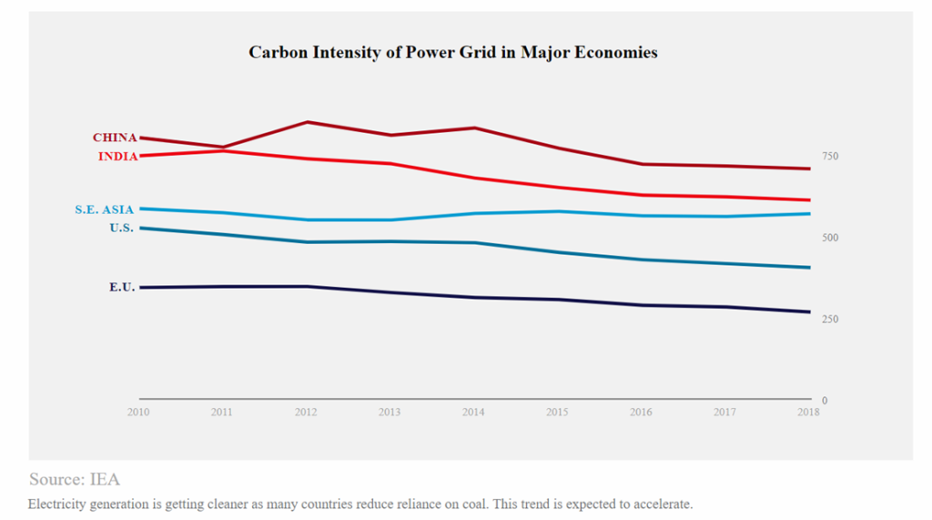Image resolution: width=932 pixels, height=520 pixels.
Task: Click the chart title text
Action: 452,53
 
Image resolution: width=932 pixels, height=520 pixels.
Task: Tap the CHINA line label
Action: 115,138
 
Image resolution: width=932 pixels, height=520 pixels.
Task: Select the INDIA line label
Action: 117,157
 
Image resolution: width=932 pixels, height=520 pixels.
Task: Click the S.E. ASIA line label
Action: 104,210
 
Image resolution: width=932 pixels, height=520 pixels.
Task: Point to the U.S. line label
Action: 121,229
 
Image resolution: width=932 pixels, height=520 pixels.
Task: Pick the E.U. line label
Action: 122,288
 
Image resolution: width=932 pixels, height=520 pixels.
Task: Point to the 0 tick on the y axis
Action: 825,401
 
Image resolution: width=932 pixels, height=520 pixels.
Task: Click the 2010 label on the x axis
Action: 138,413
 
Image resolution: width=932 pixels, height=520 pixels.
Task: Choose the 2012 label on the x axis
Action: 306,413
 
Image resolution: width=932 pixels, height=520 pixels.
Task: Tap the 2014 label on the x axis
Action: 474,413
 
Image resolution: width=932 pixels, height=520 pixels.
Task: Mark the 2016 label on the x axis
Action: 642,413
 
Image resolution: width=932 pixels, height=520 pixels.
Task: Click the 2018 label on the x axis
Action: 808,413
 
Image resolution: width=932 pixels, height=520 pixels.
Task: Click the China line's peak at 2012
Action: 307,122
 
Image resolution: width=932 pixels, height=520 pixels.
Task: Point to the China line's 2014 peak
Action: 474,127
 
